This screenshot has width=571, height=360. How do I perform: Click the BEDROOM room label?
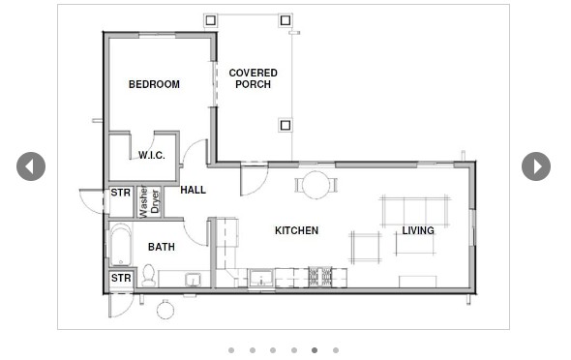(x=154, y=84)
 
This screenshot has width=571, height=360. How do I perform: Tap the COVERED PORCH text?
(x=253, y=78)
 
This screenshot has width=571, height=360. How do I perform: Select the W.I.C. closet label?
(x=151, y=155)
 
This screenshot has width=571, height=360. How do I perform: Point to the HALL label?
(x=193, y=190)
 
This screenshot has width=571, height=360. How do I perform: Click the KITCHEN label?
(x=296, y=230)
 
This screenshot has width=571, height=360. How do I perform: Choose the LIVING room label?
(x=418, y=230)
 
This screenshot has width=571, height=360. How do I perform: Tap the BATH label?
(x=161, y=247)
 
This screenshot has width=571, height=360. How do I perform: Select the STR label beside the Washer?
(x=120, y=193)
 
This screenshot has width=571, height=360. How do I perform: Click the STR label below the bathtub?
(x=120, y=279)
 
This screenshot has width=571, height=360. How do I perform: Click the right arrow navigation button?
(x=536, y=166)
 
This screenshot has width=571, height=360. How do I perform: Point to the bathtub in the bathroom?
(x=120, y=245)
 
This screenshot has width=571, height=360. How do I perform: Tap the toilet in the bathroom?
(x=149, y=276)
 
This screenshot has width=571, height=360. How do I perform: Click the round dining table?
(x=316, y=184)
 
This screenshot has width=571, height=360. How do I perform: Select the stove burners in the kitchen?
(x=320, y=277)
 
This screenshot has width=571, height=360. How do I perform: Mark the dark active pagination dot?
(x=315, y=350)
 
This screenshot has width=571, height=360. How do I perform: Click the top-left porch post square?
(x=211, y=19)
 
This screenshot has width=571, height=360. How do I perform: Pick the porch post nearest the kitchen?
(x=285, y=125)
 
